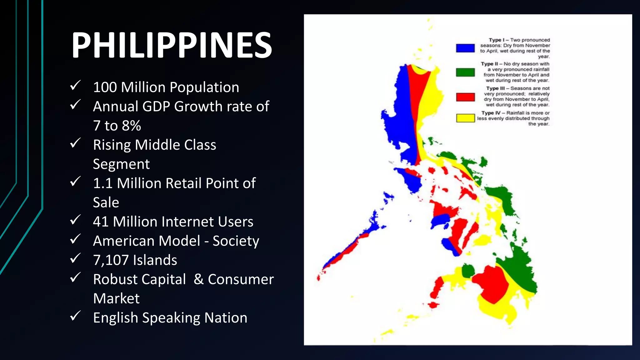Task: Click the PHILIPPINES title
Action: [x=172, y=45]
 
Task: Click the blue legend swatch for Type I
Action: [x=465, y=48]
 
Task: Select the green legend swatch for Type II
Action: [x=465, y=72]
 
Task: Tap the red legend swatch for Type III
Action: [x=465, y=97]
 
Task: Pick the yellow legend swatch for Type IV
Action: [x=465, y=118]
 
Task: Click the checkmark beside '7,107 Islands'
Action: [x=75, y=258]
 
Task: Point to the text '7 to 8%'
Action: [x=117, y=126]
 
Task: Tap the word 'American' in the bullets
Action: [x=147, y=241]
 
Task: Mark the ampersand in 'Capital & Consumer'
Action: [x=198, y=279]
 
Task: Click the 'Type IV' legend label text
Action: [x=491, y=113]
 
